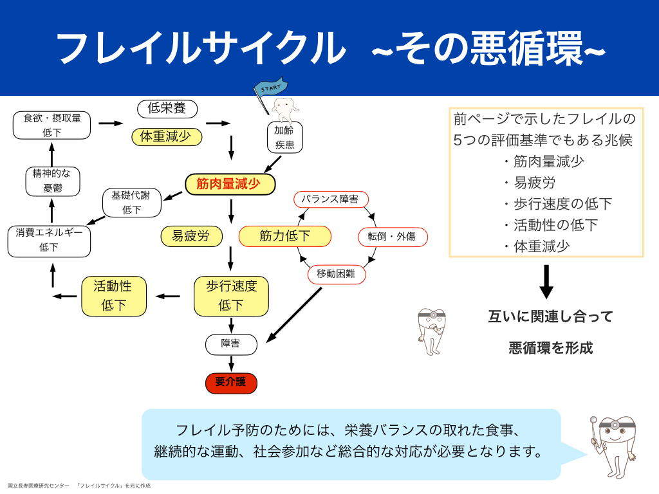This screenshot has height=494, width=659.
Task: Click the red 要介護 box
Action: tap(231, 383)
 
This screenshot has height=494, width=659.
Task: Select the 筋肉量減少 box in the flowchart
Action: tap(230, 185)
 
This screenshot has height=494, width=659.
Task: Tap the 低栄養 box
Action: tap(167, 109)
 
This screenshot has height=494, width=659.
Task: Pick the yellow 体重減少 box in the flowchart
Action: tap(167, 137)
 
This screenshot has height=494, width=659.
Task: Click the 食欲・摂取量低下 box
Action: tap(51, 125)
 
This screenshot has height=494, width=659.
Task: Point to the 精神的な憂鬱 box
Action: tap(53, 181)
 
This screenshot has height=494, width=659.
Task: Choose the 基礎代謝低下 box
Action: tap(132, 203)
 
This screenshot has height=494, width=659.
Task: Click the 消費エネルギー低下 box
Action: tap(49, 240)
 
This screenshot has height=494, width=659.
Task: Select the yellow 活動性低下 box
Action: tap(113, 296)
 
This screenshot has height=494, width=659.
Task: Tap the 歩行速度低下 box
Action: tap(231, 296)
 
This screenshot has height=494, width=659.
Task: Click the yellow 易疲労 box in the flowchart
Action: tap(190, 236)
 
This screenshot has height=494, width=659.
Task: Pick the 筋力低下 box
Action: tap(284, 236)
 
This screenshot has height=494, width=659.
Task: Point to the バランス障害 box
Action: tap(329, 199)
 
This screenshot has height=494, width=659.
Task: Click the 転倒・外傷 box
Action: tap(391, 236)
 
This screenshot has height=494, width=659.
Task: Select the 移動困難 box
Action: tap(337, 274)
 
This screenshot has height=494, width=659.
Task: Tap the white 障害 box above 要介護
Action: tap(231, 344)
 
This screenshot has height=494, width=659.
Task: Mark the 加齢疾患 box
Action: tap(284, 137)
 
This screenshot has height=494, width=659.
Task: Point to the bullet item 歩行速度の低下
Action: tap(557, 204)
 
